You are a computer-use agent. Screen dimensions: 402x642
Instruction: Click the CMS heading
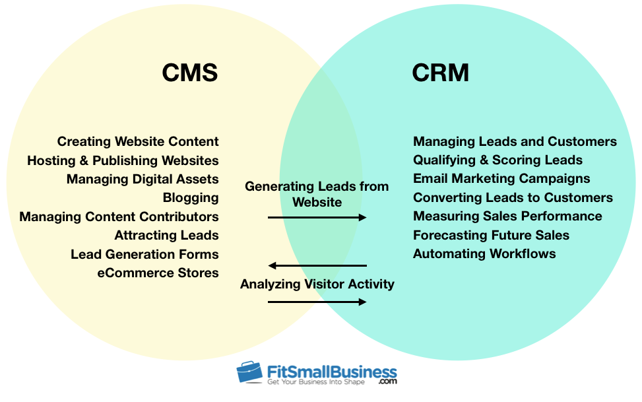click(x=190, y=73)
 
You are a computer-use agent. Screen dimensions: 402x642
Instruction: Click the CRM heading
click(x=440, y=73)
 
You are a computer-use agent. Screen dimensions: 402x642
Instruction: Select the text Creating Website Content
click(x=138, y=141)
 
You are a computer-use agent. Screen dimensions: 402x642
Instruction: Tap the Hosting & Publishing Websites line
click(x=123, y=160)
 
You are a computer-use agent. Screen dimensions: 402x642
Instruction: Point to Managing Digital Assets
click(x=143, y=179)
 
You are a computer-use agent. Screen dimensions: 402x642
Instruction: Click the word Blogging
click(x=191, y=197)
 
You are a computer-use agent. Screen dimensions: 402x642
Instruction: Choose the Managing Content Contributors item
click(x=119, y=217)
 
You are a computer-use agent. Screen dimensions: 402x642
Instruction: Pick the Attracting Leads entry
click(x=166, y=235)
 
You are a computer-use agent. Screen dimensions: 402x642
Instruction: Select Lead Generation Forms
click(x=144, y=254)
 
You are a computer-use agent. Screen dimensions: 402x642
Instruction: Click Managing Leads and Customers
click(x=515, y=141)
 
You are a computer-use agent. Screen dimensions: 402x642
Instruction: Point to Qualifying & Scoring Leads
click(x=498, y=160)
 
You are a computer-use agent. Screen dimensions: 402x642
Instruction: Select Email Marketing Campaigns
click(x=501, y=178)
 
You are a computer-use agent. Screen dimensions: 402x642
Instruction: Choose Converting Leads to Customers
click(x=513, y=197)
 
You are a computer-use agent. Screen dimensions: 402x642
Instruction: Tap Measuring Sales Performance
click(x=507, y=216)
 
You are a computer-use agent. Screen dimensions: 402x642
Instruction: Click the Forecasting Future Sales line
click(x=491, y=235)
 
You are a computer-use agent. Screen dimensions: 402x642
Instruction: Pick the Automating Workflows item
click(x=484, y=253)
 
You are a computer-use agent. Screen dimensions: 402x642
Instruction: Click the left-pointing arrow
click(x=317, y=266)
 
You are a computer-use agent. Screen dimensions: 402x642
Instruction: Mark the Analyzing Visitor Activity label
click(x=317, y=285)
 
